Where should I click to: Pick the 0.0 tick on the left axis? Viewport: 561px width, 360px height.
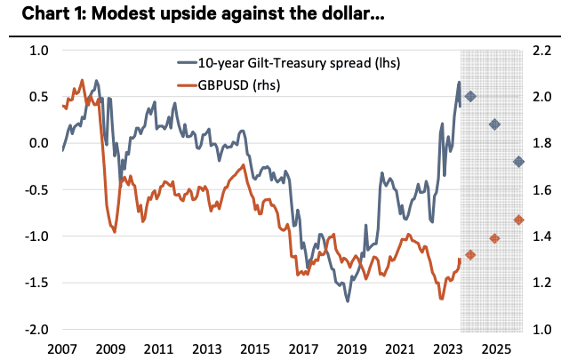tap(39, 143)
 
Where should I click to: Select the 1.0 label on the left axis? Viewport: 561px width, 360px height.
tap(39, 51)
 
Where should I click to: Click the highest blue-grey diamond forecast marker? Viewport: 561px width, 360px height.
tap(470, 96)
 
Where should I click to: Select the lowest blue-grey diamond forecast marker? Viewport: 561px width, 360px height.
tap(519, 162)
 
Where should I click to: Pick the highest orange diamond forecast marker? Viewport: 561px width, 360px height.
tap(519, 220)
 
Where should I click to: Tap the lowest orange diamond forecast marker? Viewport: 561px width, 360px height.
tap(470, 255)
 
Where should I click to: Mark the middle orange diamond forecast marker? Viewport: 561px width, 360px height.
tap(495, 238)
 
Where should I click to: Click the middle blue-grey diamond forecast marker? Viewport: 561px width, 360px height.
tap(495, 124)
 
